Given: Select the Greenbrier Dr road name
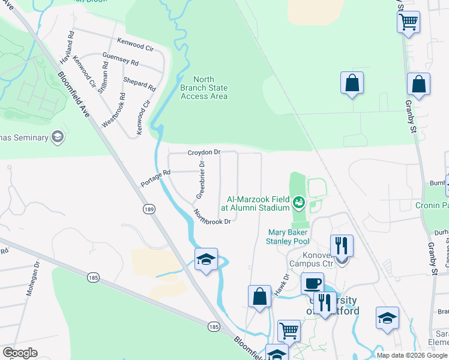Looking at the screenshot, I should pos(201,180).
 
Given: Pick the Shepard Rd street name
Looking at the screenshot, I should pos(139,84).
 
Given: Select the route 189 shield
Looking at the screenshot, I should pos(149,208).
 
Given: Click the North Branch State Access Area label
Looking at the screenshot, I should pos(204,88).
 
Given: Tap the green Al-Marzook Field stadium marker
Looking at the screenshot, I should pos(298,201).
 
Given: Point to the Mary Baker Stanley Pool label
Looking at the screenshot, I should pos(288,236).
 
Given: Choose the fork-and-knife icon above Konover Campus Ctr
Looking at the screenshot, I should pos(342,245).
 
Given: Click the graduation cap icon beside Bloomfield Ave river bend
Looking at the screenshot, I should pos(206,259).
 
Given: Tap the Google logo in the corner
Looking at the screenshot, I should pos(20,353).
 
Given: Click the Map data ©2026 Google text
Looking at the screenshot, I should pos(412,355).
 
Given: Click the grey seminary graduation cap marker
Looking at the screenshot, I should pos(58,137).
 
